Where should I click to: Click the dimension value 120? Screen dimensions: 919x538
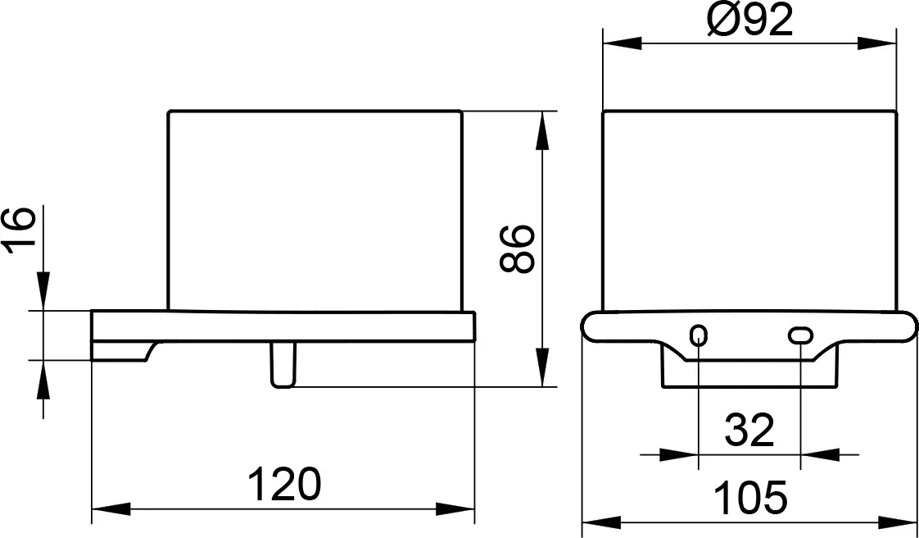(284, 484)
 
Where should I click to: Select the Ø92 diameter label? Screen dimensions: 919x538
(749, 20)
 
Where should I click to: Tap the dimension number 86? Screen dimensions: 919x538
(518, 249)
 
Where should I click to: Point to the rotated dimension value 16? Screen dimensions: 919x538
(20, 230)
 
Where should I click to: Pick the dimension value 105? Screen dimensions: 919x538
(749, 498)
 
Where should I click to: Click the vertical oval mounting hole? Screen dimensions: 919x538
(699, 335)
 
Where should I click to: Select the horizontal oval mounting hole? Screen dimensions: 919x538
(800, 335)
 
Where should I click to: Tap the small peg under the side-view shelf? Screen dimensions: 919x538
(283, 364)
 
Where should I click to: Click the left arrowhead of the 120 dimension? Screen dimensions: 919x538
(111, 508)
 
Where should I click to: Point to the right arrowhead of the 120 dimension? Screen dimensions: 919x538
(455, 508)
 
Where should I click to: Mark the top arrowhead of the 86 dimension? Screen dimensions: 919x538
(542, 130)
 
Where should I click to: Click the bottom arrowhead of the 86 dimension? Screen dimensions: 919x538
(542, 367)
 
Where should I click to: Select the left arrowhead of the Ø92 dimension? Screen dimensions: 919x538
(622, 43)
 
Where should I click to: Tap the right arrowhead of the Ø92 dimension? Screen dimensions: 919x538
(876, 43)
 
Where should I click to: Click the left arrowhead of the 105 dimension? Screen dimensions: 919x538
(601, 522)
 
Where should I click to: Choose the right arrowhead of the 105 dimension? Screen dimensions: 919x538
(898, 522)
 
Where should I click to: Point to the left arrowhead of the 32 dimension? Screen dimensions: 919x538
(679, 454)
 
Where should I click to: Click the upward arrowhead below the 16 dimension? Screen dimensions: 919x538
(43, 380)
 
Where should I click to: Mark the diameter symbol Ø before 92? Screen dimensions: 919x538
(722, 20)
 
